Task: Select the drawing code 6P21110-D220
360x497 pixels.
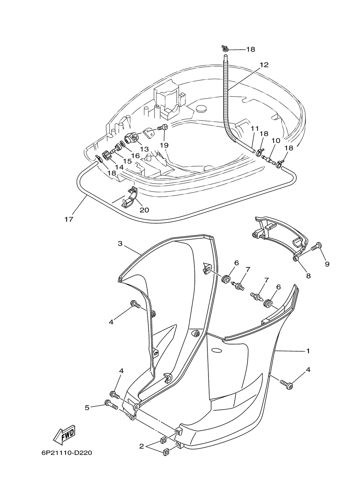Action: (67, 453)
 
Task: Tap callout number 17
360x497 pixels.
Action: (69, 219)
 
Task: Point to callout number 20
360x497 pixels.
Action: (144, 210)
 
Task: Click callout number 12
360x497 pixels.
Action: (264, 65)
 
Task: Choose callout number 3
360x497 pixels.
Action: (120, 244)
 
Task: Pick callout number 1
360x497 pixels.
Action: (308, 351)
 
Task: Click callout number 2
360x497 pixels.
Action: (141, 446)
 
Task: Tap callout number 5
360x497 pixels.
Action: (87, 407)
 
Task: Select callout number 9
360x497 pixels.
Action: (327, 264)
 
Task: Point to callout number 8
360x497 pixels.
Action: (309, 276)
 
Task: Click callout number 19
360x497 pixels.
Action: (164, 145)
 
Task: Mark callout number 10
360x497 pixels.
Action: (276, 140)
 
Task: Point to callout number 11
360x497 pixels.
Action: (255, 128)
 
